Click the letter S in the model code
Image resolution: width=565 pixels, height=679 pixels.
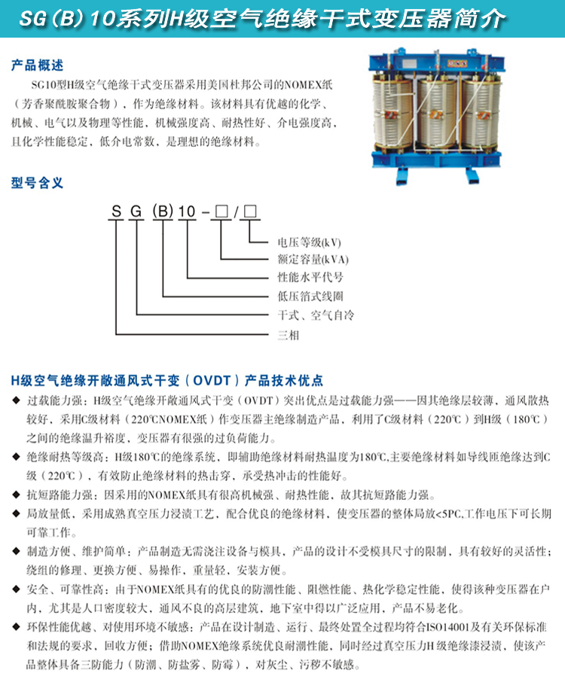116,213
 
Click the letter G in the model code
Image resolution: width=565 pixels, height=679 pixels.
136,213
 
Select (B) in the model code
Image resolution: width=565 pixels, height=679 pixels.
163,213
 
